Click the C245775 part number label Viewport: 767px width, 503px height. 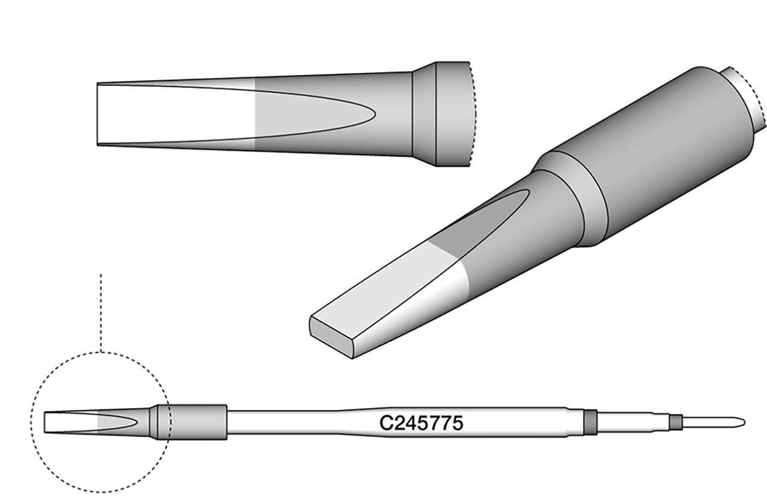[x=421, y=423]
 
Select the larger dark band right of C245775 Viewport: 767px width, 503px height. [x=590, y=422]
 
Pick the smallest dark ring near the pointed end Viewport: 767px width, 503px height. [x=676, y=423]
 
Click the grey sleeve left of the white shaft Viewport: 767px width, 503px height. [x=198, y=422]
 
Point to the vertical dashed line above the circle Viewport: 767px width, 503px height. [x=101, y=312]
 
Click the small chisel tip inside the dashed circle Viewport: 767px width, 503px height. [x=72, y=422]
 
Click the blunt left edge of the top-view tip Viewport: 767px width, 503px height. [x=97, y=114]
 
